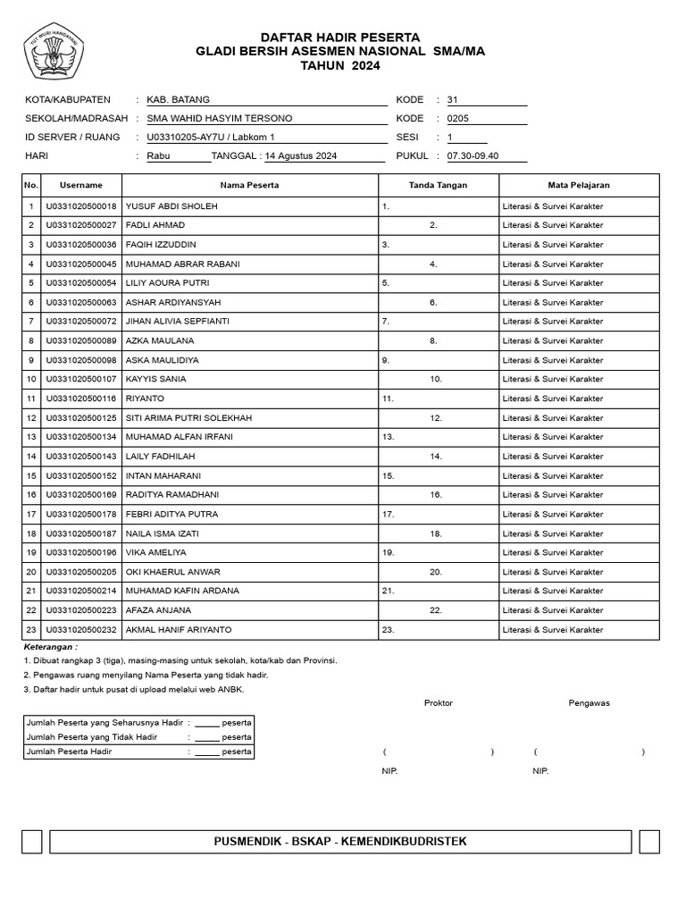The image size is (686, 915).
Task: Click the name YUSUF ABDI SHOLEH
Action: [x=171, y=206]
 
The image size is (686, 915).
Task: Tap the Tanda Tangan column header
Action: [x=438, y=185]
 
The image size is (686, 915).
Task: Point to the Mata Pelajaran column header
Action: [x=579, y=185]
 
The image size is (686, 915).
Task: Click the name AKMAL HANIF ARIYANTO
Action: [x=179, y=630]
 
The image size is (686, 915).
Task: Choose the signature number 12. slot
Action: [x=436, y=418]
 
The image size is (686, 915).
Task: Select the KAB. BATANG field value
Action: [x=179, y=100]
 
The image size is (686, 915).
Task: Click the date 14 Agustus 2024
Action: [x=301, y=156]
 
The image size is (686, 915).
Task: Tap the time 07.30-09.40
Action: [x=473, y=156]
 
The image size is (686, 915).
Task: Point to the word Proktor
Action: [x=438, y=703]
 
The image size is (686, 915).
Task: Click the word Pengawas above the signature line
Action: [x=589, y=703]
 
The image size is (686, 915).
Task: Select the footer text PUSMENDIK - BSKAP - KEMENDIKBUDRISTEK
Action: [x=340, y=842]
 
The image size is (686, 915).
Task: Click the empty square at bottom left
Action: [x=31, y=842]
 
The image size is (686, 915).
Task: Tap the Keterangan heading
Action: [x=50, y=646]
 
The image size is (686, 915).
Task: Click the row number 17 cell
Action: [x=31, y=515]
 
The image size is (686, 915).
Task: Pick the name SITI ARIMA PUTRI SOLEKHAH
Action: [x=189, y=418]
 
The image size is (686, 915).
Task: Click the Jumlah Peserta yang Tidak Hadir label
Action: [x=92, y=737]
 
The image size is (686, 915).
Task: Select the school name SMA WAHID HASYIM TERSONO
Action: [x=220, y=119]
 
